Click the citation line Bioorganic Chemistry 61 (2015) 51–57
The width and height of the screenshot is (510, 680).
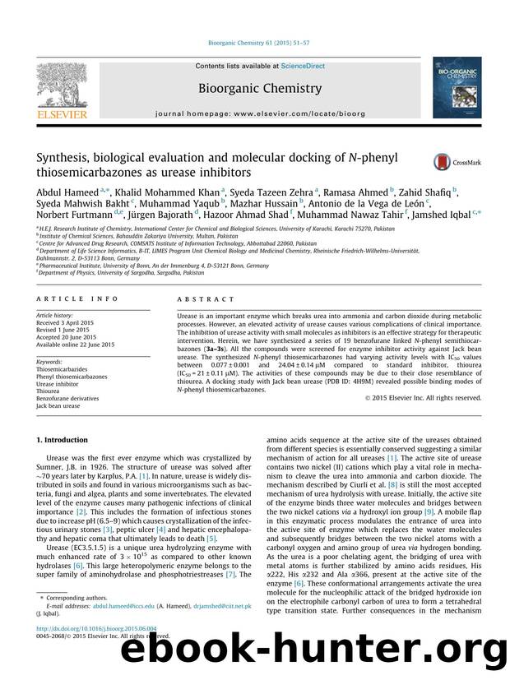click(254, 51)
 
